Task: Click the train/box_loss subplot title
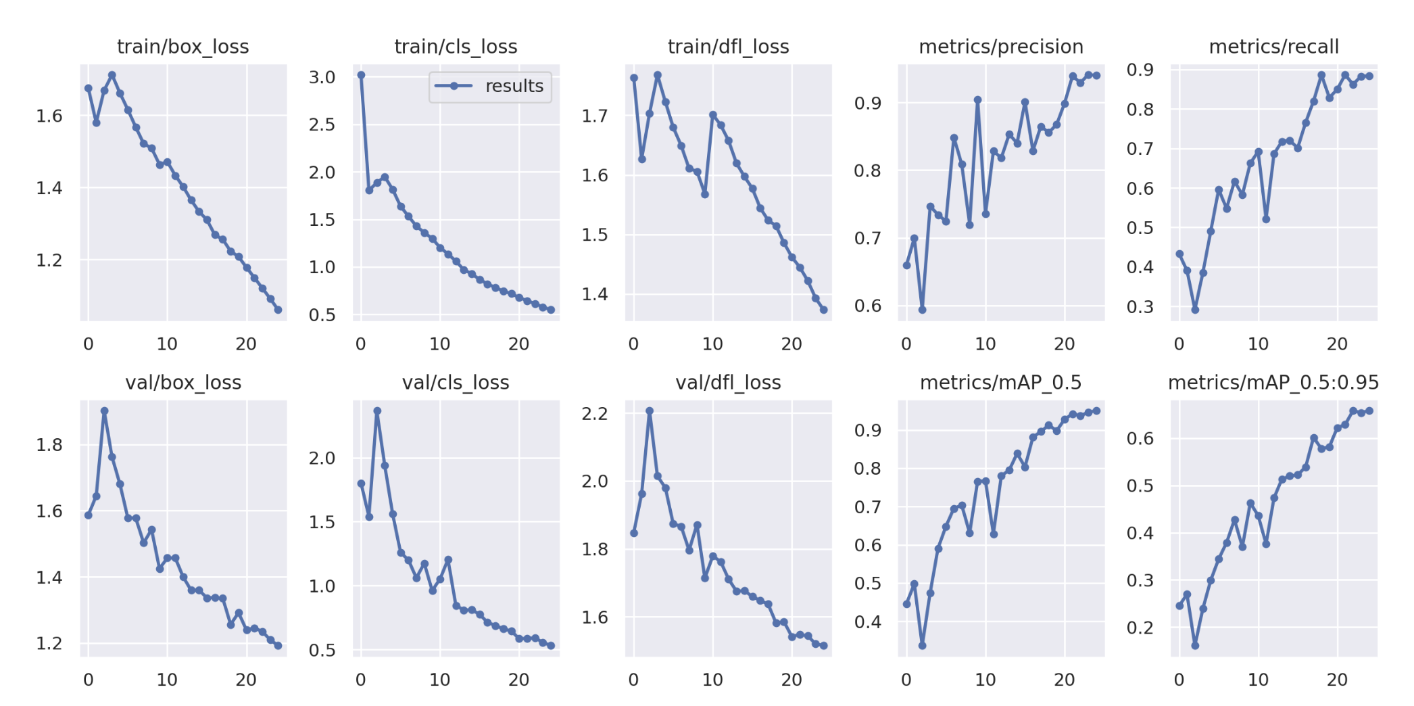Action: (182, 47)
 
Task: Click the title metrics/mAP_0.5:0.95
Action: (1273, 383)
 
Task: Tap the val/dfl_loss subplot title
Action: (728, 383)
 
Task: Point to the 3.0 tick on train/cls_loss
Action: (322, 77)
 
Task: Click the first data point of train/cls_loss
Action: (361, 75)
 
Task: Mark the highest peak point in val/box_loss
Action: (104, 410)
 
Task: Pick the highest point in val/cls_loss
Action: (377, 410)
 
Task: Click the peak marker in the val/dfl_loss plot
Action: (650, 410)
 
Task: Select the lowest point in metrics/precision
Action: (922, 310)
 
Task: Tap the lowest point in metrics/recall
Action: (1195, 310)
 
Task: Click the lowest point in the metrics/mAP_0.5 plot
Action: (922, 646)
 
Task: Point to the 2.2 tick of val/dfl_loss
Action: (595, 413)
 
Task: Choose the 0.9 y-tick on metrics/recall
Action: (1140, 70)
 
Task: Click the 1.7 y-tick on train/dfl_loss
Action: (595, 116)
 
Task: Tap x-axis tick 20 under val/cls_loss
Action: (518, 680)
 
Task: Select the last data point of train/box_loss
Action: (278, 310)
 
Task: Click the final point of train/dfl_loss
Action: (823, 310)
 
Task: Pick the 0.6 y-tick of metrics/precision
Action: (867, 306)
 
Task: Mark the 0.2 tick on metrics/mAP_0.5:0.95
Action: (1140, 628)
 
